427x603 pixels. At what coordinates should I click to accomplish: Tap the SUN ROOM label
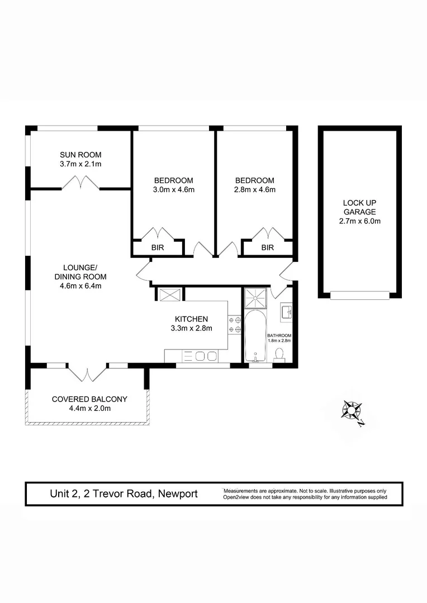pyautogui.click(x=80, y=155)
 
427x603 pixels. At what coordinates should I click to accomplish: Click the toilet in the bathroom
pyautogui.click(x=280, y=355)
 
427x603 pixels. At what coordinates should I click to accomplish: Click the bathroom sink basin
pyautogui.click(x=286, y=311)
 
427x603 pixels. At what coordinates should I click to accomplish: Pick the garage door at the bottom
pyautogui.click(x=359, y=295)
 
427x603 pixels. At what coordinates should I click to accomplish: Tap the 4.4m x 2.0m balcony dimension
pyautogui.click(x=89, y=409)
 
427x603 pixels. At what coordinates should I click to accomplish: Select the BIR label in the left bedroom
pyautogui.click(x=157, y=247)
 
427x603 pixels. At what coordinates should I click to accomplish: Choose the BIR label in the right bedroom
pyautogui.click(x=268, y=247)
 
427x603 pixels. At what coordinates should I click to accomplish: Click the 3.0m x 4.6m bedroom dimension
pyautogui.click(x=173, y=190)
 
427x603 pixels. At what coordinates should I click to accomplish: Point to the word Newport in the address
pyautogui.click(x=177, y=494)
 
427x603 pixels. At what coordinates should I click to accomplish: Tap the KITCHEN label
pyautogui.click(x=192, y=319)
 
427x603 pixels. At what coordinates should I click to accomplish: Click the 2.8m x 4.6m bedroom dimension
pyautogui.click(x=254, y=190)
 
